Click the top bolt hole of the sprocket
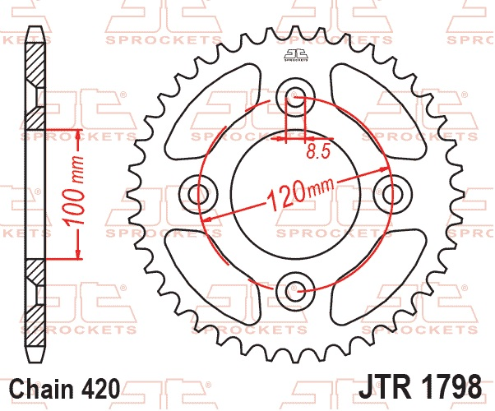click(x=295, y=96)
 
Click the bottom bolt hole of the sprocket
click(x=295, y=291)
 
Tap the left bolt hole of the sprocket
click(x=198, y=193)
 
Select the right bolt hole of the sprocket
click(x=392, y=193)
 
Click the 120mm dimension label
click(x=300, y=194)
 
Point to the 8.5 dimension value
click(x=318, y=151)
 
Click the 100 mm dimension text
click(x=75, y=191)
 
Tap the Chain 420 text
click(x=65, y=388)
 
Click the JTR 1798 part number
click(x=420, y=386)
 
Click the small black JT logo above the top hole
click(x=295, y=54)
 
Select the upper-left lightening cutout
click(x=212, y=111)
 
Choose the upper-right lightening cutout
click(x=377, y=110)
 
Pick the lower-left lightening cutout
click(x=212, y=276)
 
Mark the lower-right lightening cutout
click(x=378, y=276)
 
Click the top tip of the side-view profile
click(x=35, y=27)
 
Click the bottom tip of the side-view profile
click(x=35, y=362)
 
